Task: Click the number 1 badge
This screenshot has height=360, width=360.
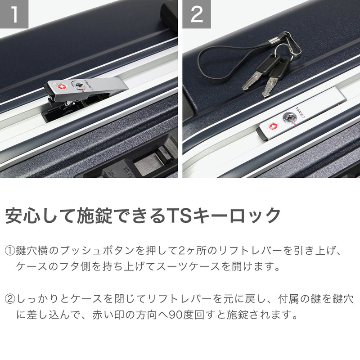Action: (14, 14)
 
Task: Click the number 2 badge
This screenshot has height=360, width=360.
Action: (197, 14)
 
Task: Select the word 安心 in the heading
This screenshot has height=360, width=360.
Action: (23, 216)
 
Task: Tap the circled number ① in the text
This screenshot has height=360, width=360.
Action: (10, 250)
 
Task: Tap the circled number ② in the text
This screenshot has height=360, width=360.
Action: (10, 299)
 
